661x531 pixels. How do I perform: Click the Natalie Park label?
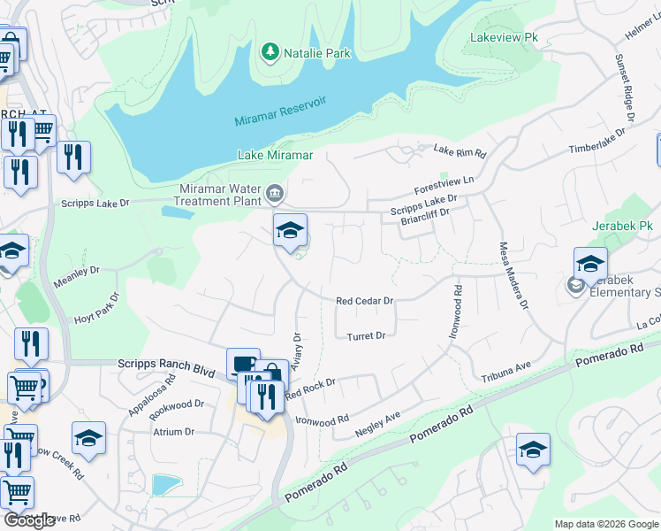(316, 53)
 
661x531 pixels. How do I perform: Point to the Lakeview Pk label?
(504, 39)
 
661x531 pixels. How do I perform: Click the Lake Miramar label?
(276, 155)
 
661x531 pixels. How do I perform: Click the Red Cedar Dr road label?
(364, 301)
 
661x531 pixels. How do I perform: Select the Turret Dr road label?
(366, 336)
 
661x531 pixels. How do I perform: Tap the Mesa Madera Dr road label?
(513, 275)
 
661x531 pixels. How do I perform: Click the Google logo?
(29, 520)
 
